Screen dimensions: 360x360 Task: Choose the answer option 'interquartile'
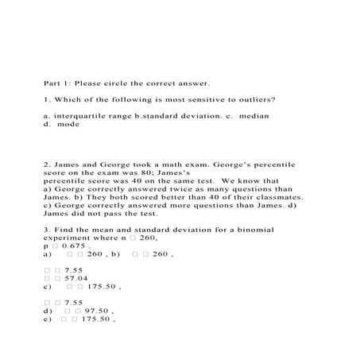84,116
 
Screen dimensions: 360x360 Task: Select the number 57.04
73,279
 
